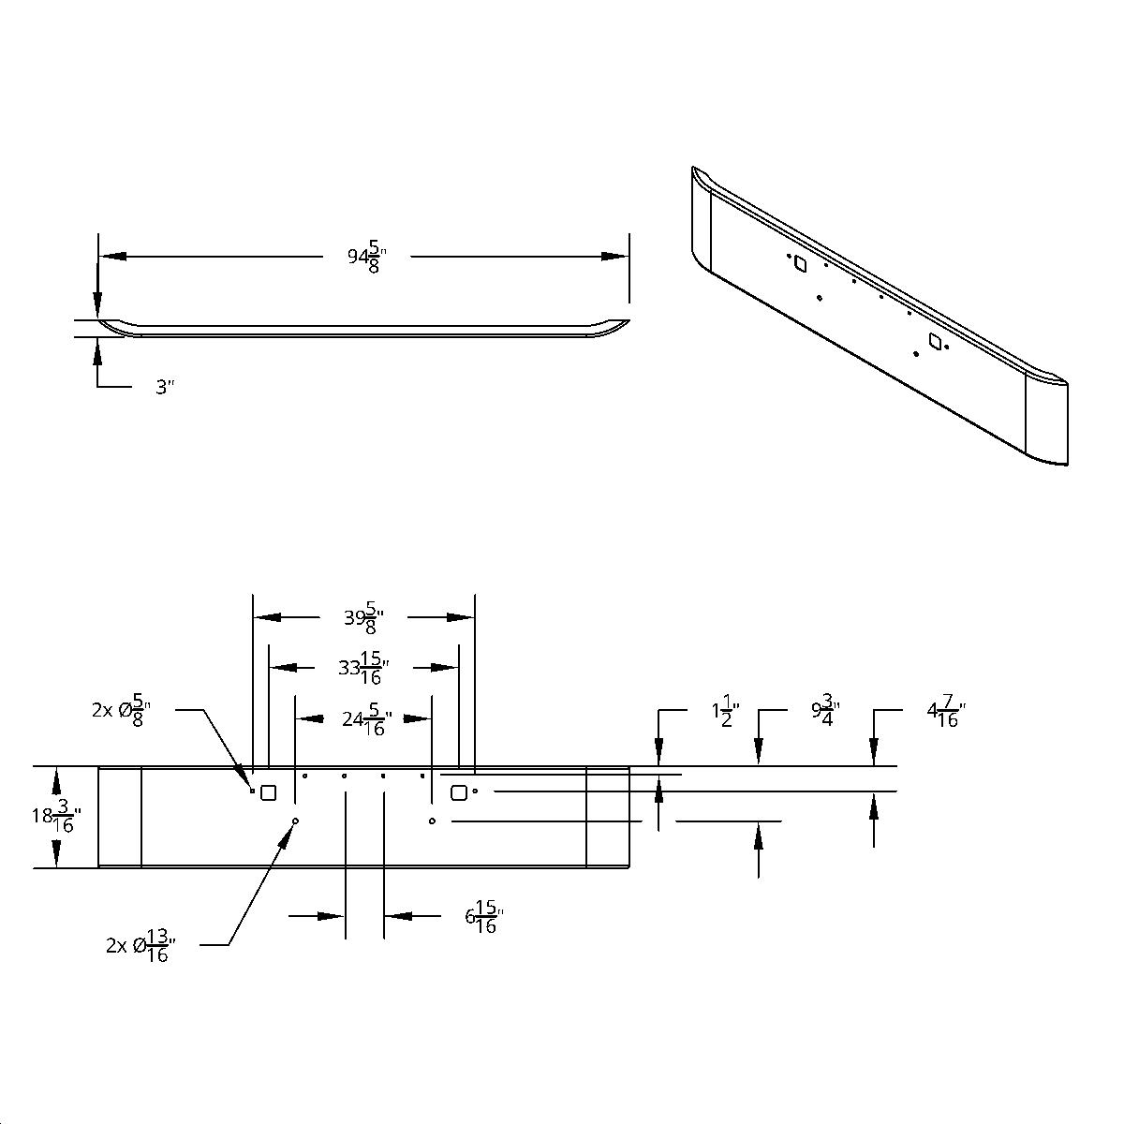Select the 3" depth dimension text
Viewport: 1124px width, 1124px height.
click(x=165, y=387)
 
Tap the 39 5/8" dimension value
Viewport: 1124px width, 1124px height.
click(x=364, y=618)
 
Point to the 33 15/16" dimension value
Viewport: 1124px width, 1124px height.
click(x=363, y=668)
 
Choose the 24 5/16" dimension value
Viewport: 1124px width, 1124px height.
click(x=366, y=719)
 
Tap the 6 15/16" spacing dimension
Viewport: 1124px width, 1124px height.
click(x=484, y=917)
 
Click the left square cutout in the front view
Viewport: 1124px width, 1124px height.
click(x=268, y=792)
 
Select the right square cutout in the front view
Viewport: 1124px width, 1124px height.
click(x=458, y=792)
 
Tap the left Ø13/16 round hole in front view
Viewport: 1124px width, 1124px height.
click(x=295, y=821)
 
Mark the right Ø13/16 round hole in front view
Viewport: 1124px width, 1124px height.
click(x=432, y=821)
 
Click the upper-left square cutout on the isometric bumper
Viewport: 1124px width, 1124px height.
click(x=800, y=265)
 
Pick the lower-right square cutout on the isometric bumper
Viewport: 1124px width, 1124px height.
click(x=934, y=343)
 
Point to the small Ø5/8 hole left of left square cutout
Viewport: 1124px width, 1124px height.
click(x=253, y=791)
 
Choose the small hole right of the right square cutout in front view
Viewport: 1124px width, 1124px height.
click(x=476, y=791)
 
